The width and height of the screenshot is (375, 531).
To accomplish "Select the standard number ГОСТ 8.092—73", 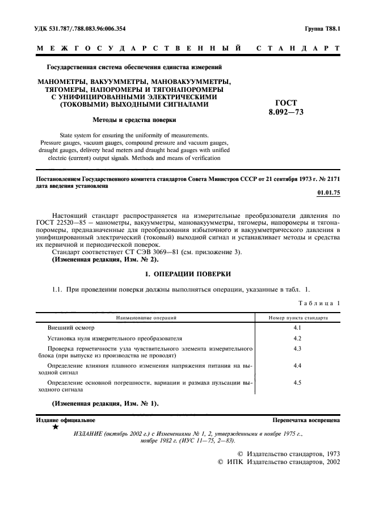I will [286, 107].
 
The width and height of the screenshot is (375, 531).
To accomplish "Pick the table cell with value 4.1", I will [297, 328].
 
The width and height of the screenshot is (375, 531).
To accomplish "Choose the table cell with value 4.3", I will [297, 348].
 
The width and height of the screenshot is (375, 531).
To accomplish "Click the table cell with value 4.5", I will [297, 383].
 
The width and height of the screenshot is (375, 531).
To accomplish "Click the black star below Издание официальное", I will [55, 427].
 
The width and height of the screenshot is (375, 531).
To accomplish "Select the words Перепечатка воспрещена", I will [306, 420].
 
